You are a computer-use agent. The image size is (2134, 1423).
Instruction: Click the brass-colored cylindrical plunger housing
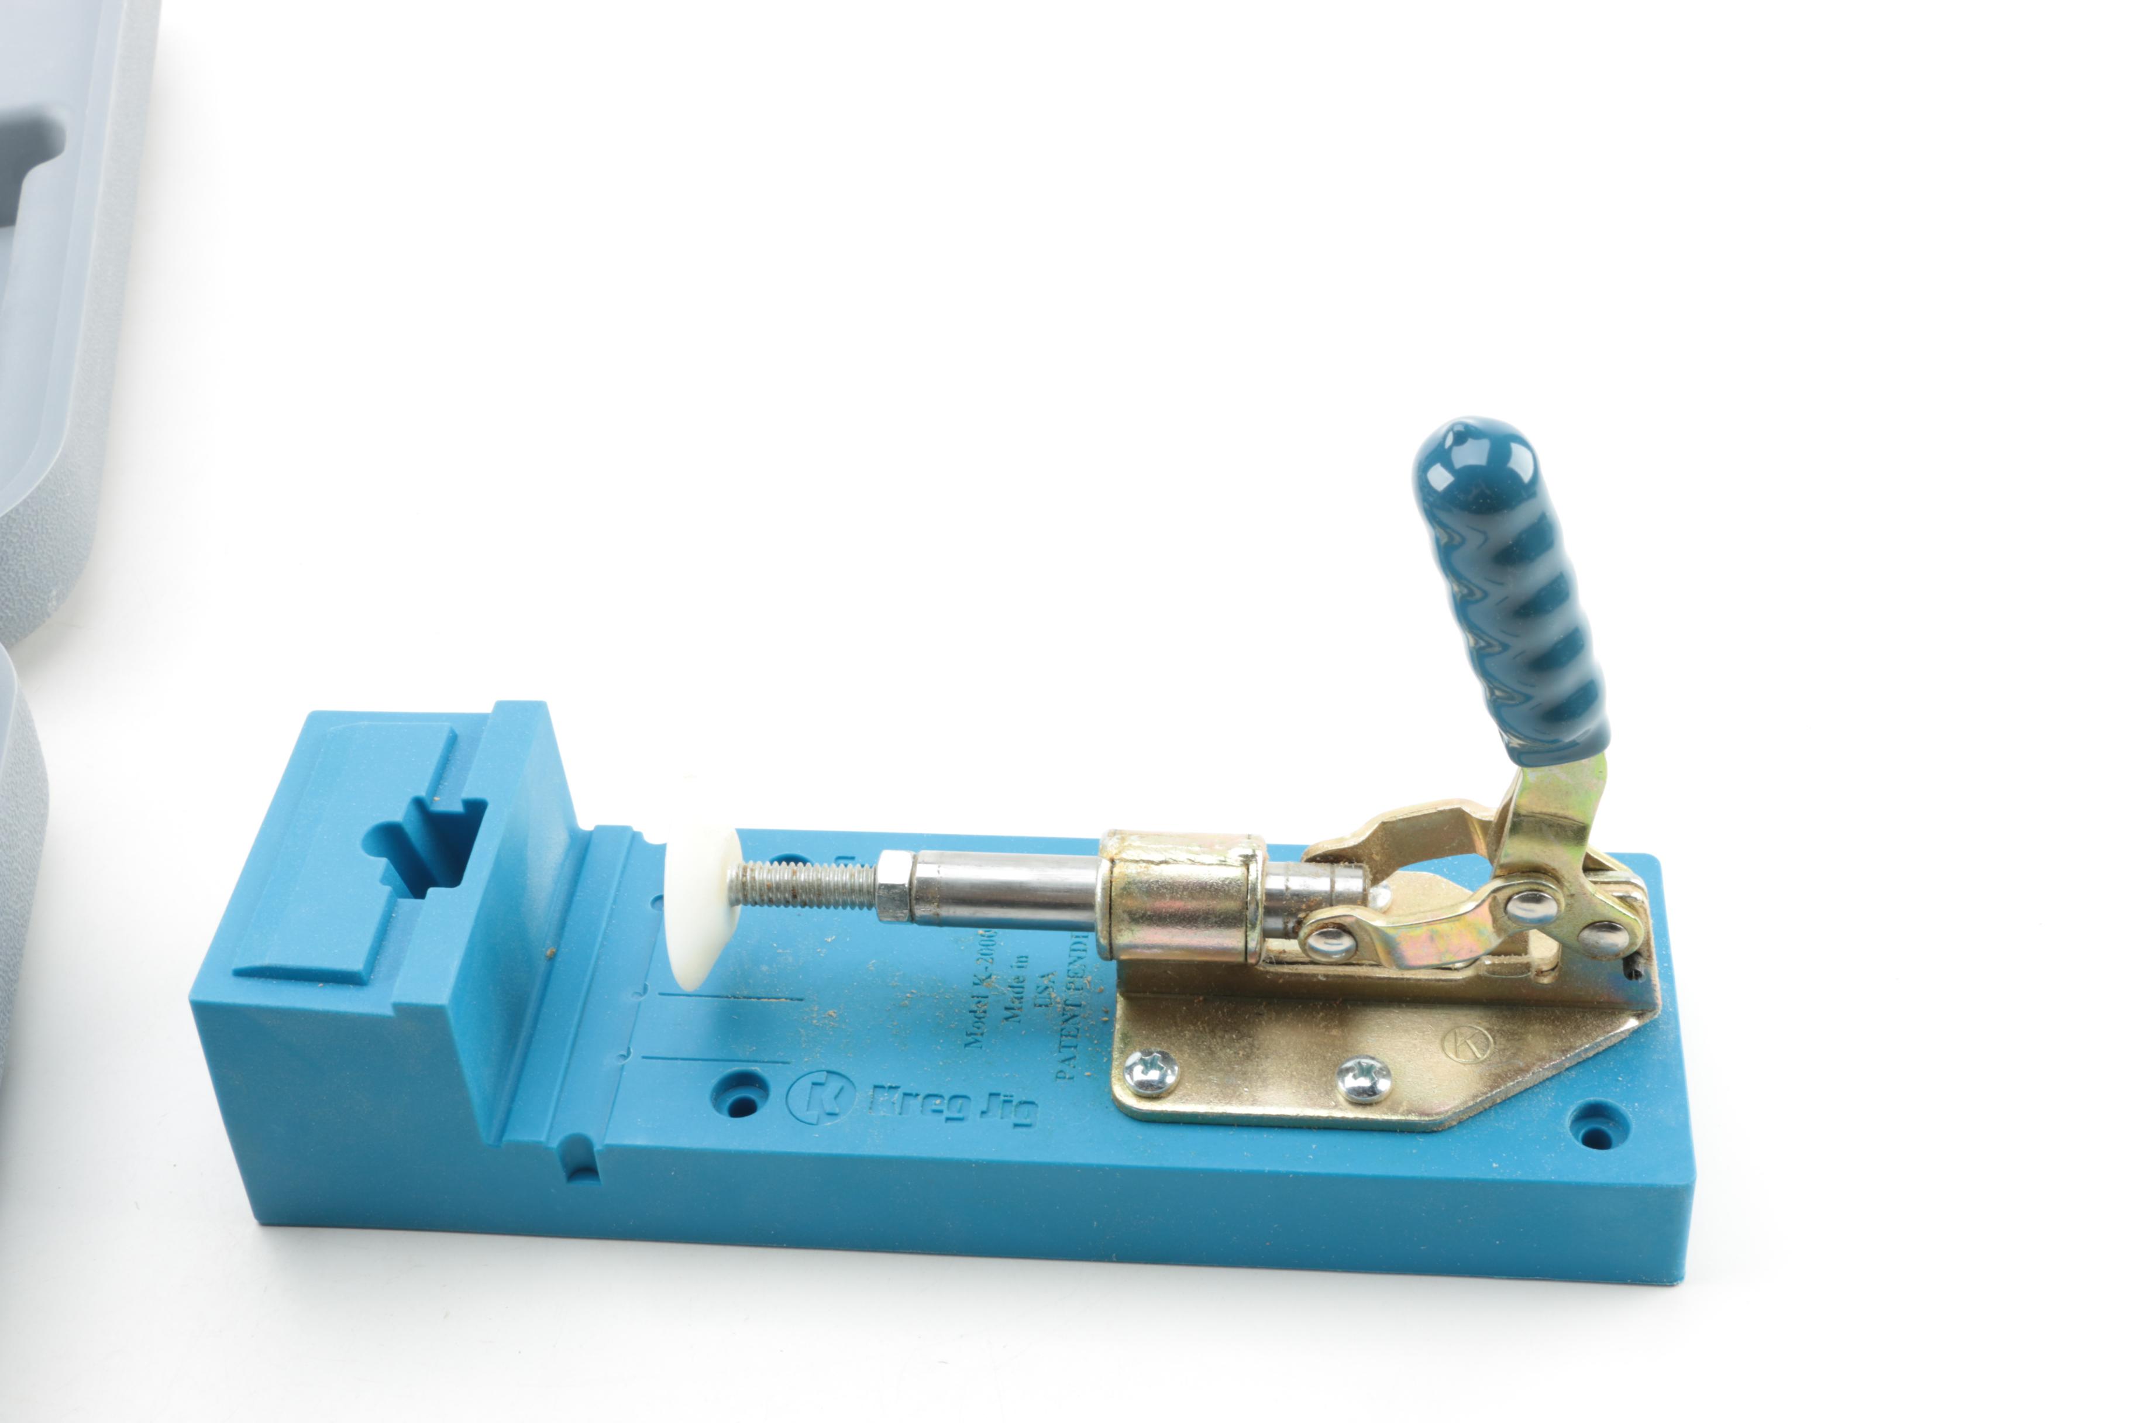pos(1179,899)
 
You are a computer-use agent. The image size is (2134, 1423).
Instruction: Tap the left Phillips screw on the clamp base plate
pos(1151,1073)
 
